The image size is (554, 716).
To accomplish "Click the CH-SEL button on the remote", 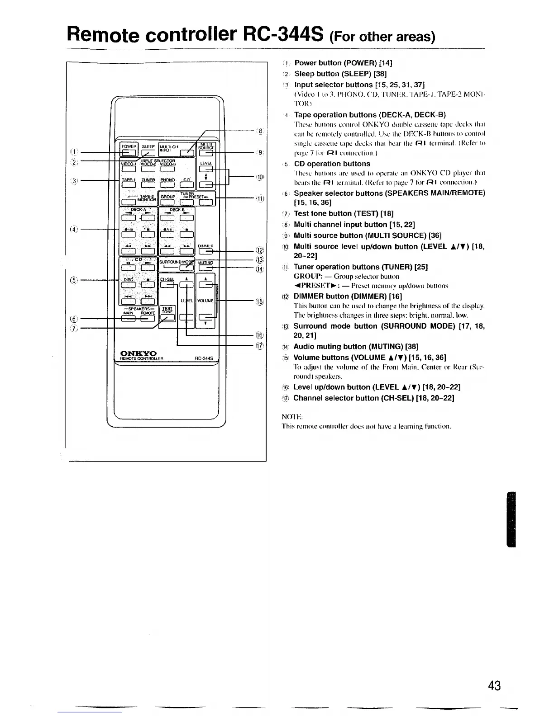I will pyautogui.click(x=167, y=285).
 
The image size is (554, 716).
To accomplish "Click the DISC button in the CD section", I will pyautogui.click(x=128, y=285).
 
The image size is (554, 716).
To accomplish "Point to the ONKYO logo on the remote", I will pyautogui.click(x=138, y=353).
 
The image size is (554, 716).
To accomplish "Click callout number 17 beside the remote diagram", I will pyautogui.click(x=260, y=346).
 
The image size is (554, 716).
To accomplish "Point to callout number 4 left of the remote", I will pyautogui.click(x=73, y=229).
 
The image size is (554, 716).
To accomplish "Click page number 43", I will pyautogui.click(x=495, y=685).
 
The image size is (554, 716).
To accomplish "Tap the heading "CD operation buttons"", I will pyautogui.click(x=332, y=164).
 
